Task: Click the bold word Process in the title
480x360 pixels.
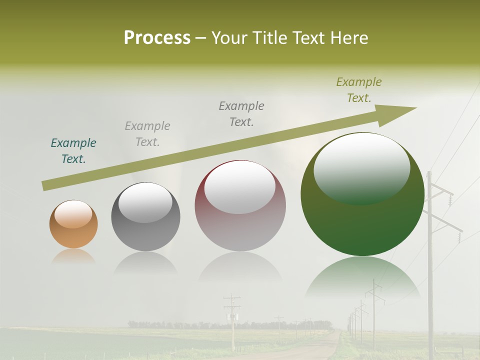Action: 157,38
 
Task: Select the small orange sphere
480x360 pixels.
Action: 73,224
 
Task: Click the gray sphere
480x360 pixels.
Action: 145,216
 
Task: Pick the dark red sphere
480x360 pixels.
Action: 240,206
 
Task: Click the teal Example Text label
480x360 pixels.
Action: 73,151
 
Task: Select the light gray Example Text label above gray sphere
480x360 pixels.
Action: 147,134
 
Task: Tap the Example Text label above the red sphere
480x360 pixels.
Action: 241,114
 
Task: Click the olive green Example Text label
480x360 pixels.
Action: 358,90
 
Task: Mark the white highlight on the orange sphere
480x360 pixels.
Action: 73,214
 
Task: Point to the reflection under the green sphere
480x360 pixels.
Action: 362,277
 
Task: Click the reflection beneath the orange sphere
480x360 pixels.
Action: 73,257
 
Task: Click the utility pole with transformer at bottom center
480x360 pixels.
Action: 232,320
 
